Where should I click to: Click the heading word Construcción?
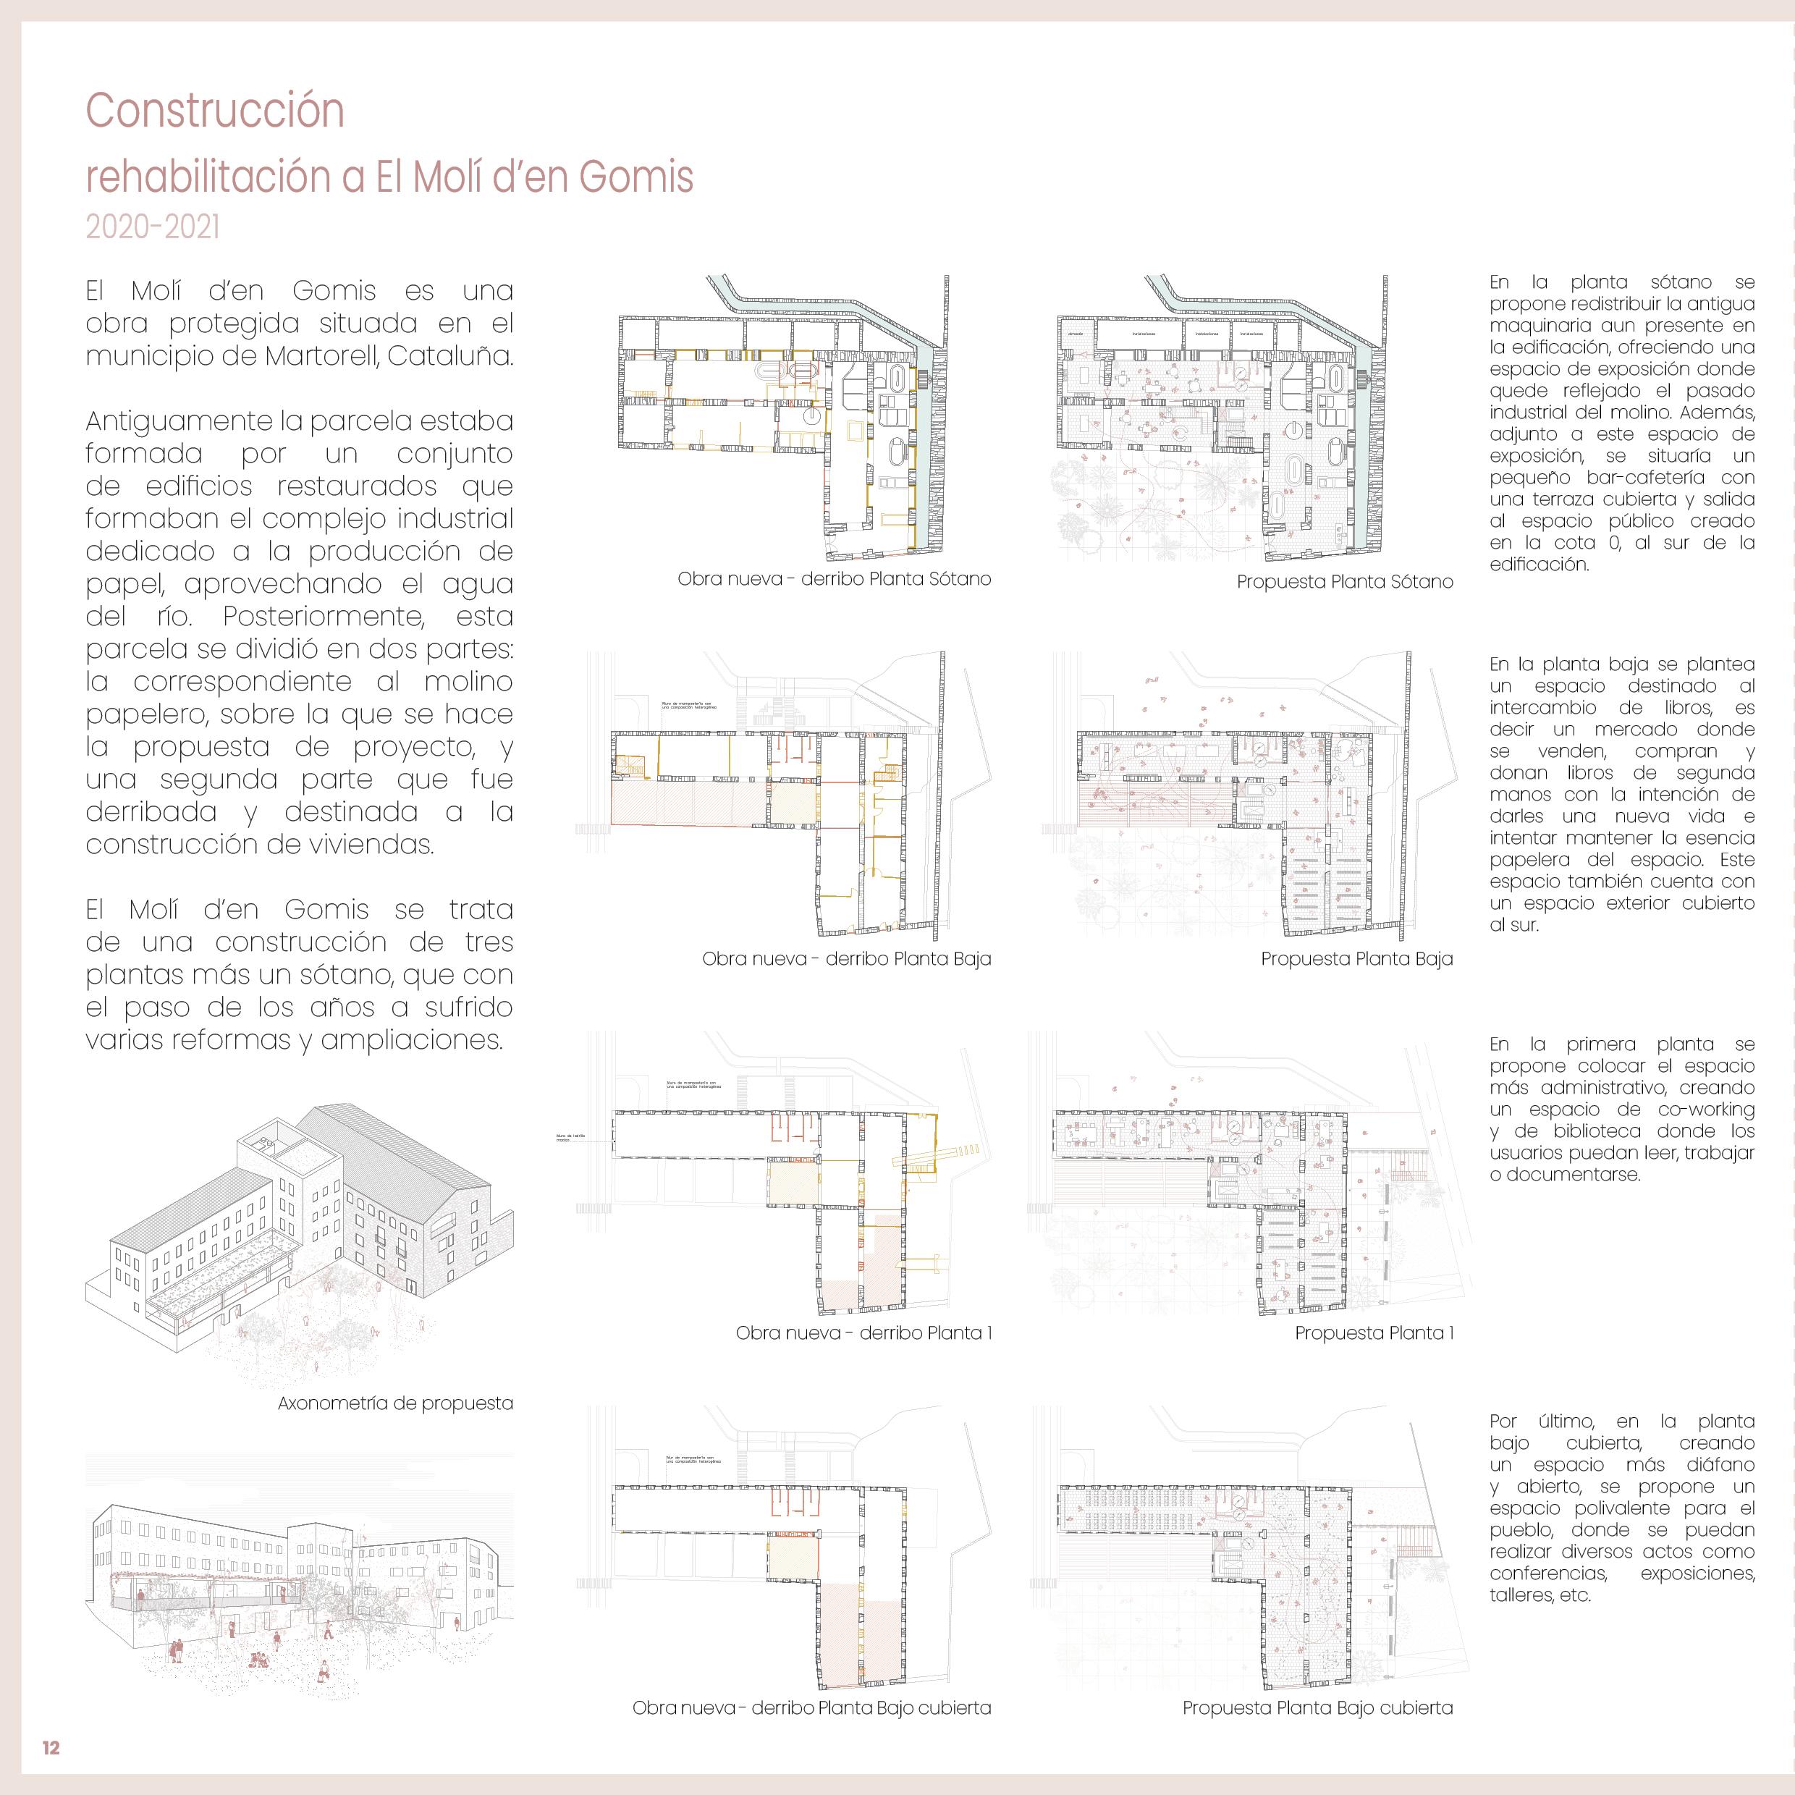(x=215, y=111)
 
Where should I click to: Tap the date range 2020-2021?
(x=153, y=227)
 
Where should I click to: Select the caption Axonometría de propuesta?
(x=395, y=1403)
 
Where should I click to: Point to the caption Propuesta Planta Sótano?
(x=1344, y=583)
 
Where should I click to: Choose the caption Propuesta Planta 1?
(x=1374, y=1333)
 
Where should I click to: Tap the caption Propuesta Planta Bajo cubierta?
(x=1317, y=1707)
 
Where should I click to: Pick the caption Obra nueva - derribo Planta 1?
(x=864, y=1333)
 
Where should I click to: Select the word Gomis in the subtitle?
(x=635, y=177)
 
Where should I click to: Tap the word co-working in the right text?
(x=1706, y=1110)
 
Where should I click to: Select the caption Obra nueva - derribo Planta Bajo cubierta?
(x=811, y=1707)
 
